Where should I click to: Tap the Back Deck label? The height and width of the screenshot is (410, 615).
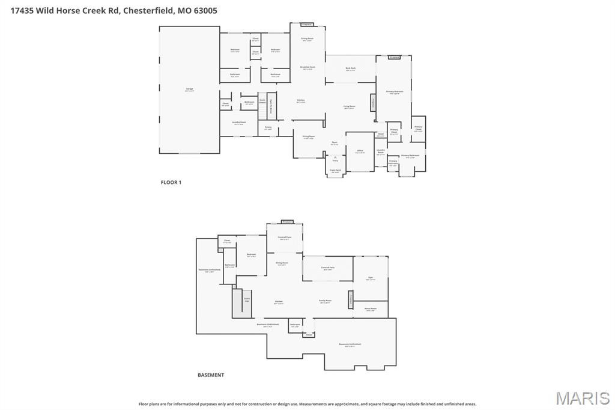(x=350, y=69)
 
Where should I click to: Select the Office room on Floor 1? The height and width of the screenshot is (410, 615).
(x=360, y=151)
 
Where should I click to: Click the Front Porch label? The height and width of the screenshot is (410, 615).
(x=335, y=171)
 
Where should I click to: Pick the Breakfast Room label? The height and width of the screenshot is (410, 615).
(x=307, y=67)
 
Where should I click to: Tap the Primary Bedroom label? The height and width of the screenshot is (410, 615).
(x=395, y=92)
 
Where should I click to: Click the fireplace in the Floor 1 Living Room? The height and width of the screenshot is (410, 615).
(x=373, y=102)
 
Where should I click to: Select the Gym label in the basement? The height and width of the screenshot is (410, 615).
(x=370, y=278)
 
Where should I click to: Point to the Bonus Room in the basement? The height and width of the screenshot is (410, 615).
(x=370, y=309)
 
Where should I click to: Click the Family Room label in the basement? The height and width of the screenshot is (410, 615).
(x=325, y=301)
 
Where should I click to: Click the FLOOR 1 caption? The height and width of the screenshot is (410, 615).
(x=171, y=182)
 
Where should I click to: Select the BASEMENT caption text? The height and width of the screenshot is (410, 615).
(x=211, y=375)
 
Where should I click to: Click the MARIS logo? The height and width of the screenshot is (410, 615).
(x=583, y=398)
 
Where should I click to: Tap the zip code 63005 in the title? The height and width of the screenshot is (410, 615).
(x=205, y=10)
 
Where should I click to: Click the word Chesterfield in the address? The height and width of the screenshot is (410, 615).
(x=148, y=10)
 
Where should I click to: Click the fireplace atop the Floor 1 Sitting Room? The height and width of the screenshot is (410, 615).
(x=306, y=25)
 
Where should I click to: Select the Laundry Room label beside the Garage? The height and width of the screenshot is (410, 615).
(x=238, y=123)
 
